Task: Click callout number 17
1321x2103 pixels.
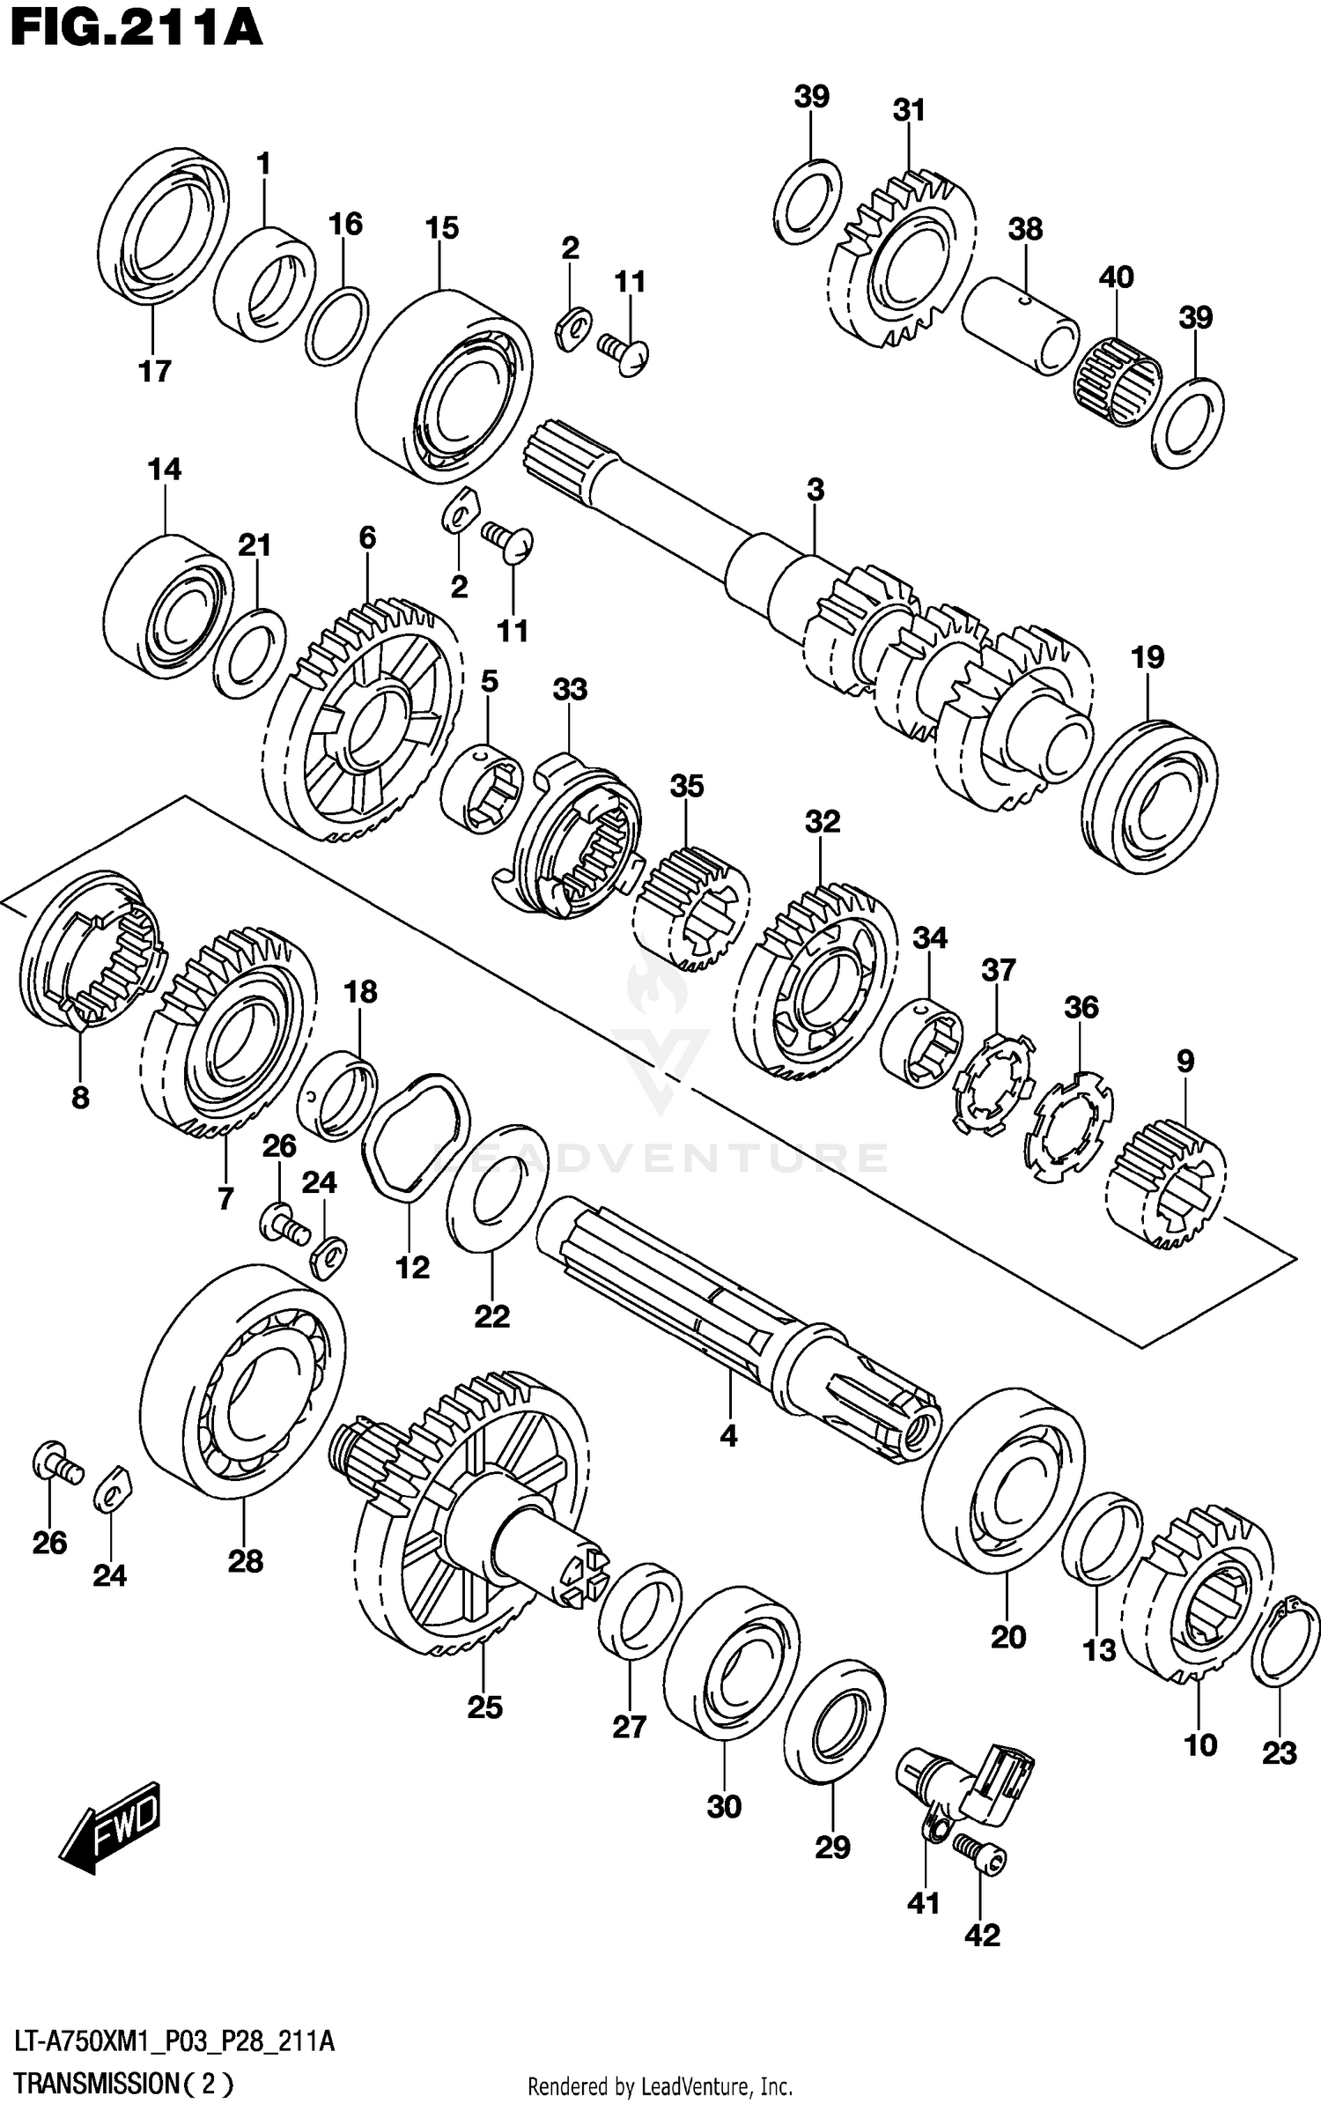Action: click(x=154, y=371)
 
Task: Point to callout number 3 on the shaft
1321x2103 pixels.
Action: click(x=815, y=490)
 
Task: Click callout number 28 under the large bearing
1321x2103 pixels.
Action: click(x=245, y=1561)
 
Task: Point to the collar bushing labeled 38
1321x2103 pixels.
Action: click(x=1020, y=326)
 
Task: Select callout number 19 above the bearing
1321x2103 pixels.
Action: click(x=1148, y=656)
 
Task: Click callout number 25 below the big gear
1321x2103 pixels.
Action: click(x=484, y=1707)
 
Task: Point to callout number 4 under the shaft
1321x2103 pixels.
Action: click(x=727, y=1437)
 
